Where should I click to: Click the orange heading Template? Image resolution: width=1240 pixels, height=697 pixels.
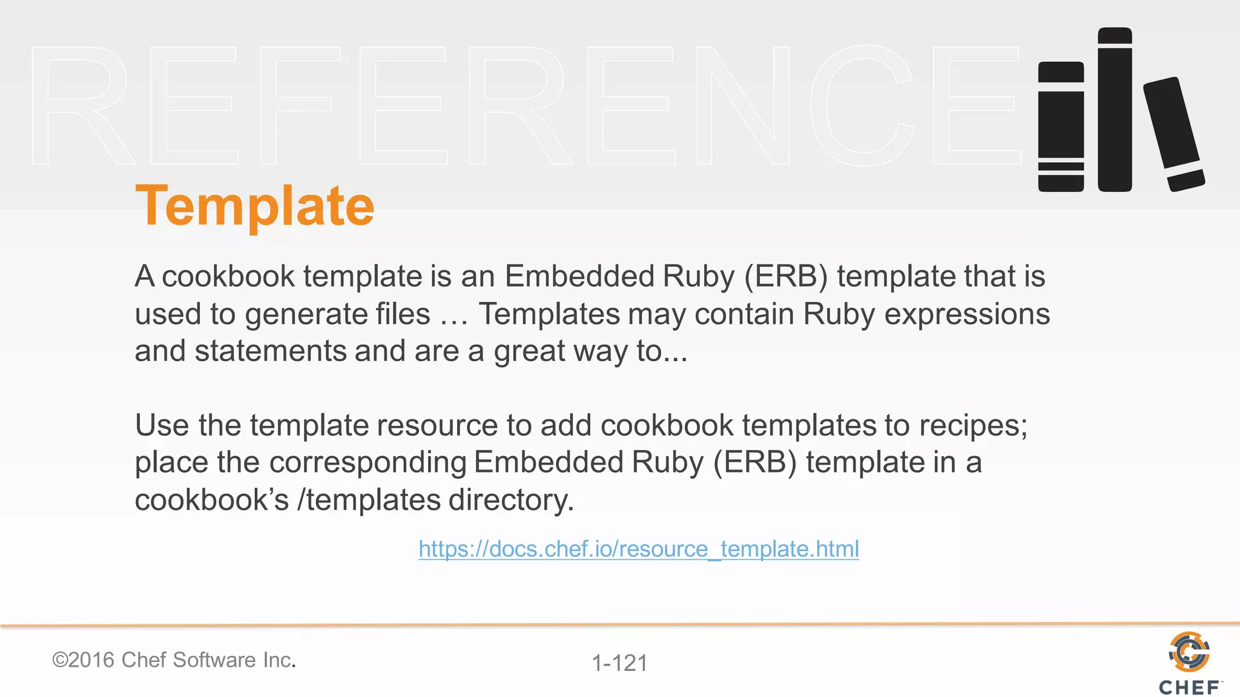[x=255, y=206]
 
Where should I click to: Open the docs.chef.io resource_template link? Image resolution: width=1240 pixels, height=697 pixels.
[x=638, y=549]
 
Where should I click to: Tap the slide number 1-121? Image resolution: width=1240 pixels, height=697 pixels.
[x=619, y=663]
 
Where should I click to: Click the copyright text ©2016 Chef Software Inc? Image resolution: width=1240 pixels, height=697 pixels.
[x=174, y=659]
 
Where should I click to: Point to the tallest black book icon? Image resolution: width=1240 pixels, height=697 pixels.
[x=1115, y=110]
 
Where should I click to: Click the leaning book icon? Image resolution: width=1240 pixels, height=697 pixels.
[x=1173, y=134]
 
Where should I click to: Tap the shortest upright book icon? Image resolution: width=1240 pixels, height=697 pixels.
[x=1061, y=126]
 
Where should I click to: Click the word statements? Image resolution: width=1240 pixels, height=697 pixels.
[x=269, y=351]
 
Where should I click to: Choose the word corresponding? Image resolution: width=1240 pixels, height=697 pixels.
[x=368, y=463]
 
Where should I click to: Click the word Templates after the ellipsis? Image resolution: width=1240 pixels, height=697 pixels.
[x=549, y=314]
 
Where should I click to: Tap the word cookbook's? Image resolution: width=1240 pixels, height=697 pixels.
[x=212, y=500]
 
